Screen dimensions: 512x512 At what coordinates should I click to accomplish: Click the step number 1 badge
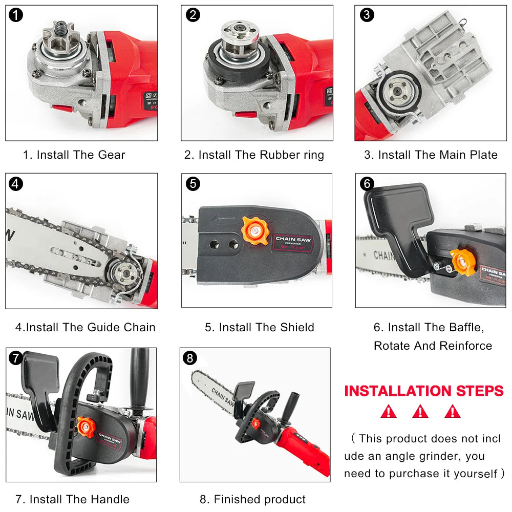click(x=16, y=15)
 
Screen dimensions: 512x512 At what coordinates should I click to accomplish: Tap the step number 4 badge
click(x=16, y=183)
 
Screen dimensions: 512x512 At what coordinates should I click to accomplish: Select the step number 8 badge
click(x=190, y=358)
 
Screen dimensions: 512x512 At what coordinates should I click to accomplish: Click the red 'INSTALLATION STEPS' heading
click(x=424, y=391)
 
